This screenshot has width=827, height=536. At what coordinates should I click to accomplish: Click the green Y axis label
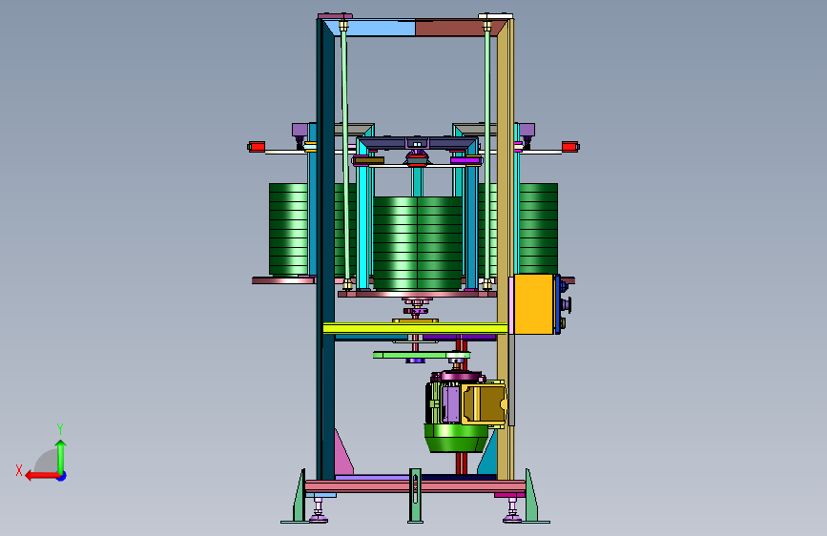tap(60, 428)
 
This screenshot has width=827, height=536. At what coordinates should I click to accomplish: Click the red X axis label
tap(19, 470)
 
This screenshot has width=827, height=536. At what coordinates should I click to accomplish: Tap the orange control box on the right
tap(534, 304)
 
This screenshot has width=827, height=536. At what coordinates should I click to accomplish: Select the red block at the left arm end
tap(257, 147)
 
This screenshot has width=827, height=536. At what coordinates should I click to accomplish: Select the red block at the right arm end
tap(569, 147)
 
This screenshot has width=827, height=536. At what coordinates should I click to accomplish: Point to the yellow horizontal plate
tap(416, 329)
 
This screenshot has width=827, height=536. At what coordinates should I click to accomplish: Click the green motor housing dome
tap(456, 439)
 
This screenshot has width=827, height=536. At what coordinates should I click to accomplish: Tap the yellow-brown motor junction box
tap(484, 403)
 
